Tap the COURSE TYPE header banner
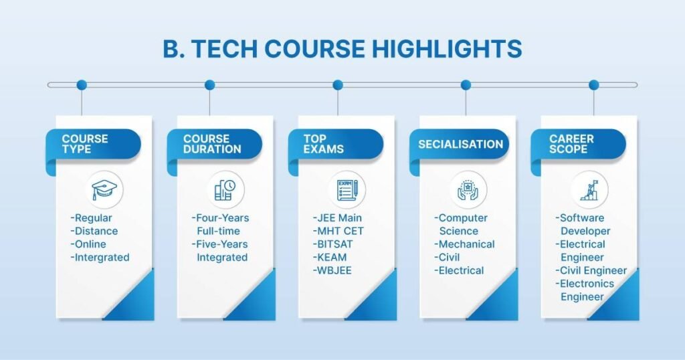click(93, 144)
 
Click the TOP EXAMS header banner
click(335, 144)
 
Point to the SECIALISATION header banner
click(460, 144)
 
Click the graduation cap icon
click(104, 189)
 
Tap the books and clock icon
click(225, 189)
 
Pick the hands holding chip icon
click(468, 189)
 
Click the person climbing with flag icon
click(589, 189)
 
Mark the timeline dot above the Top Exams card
click(338, 85)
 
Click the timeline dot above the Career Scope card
click(593, 85)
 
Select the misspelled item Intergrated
click(100, 257)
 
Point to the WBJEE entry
click(331, 270)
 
